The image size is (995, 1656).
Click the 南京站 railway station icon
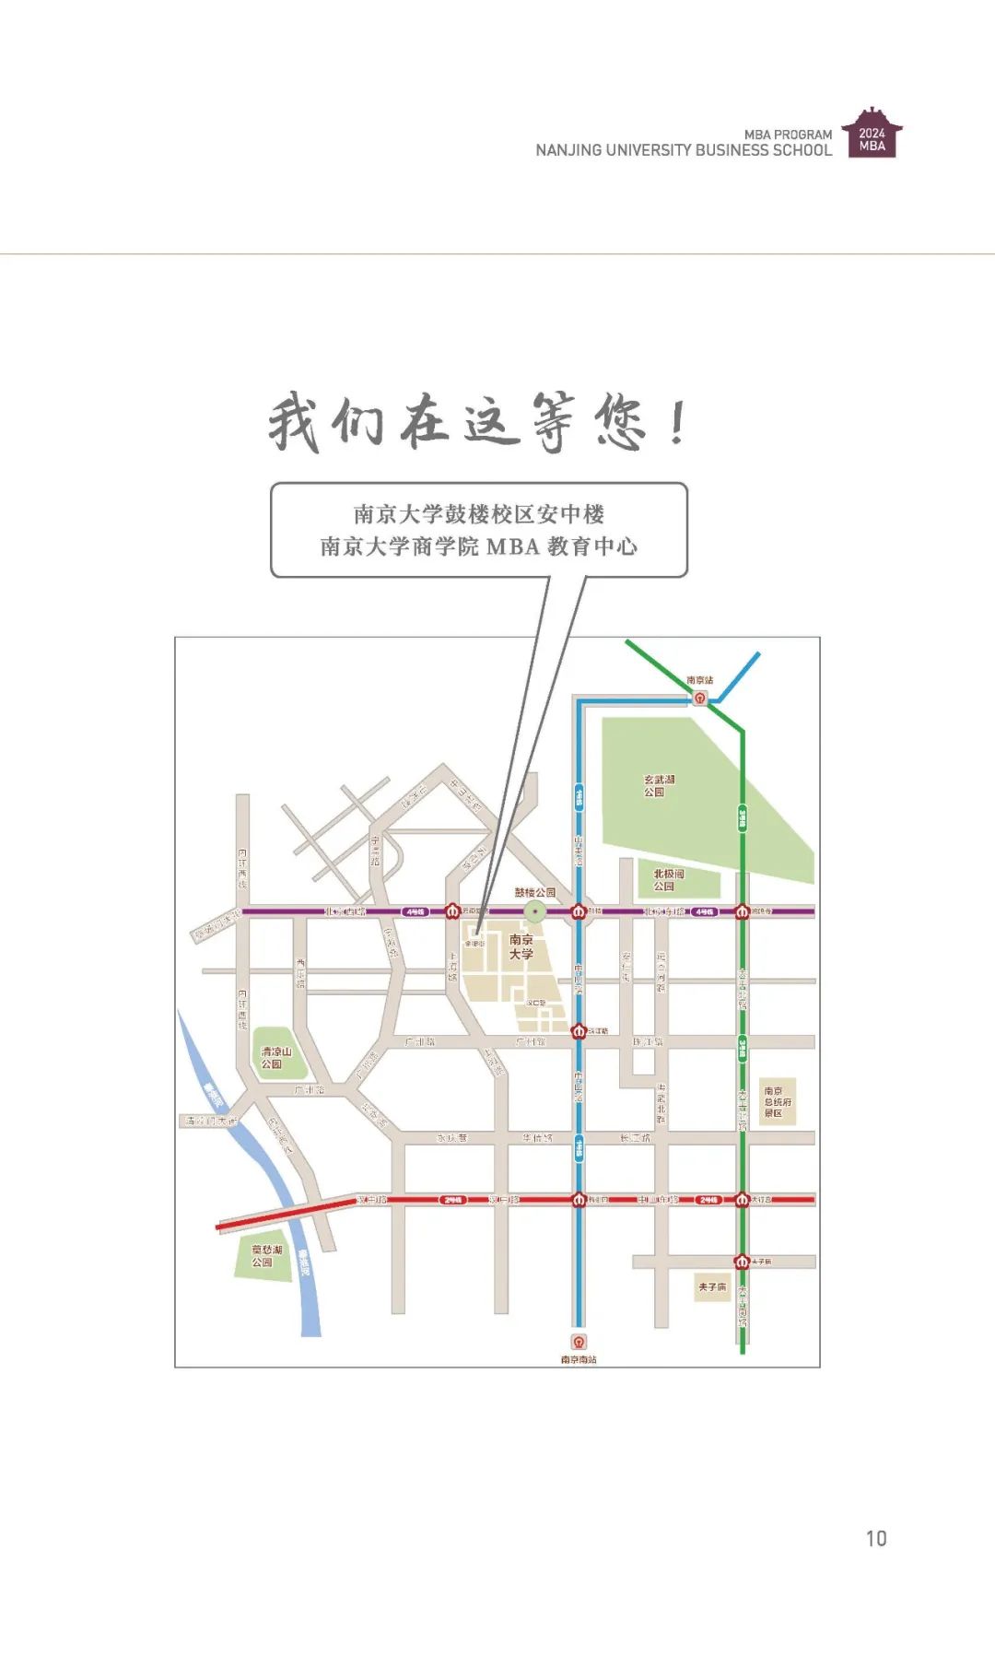pyautogui.click(x=701, y=698)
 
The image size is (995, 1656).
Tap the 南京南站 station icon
pyautogui.click(x=579, y=1342)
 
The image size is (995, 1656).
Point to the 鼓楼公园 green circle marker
pyautogui.click(x=535, y=911)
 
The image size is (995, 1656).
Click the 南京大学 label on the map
pyautogui.click(x=521, y=946)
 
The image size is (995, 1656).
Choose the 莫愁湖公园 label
pyautogui.click(x=266, y=1256)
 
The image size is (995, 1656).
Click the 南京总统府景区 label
pyautogui.click(x=777, y=1101)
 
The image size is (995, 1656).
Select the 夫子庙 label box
pyautogui.click(x=712, y=1286)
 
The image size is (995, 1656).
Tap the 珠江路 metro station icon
pyautogui.click(x=579, y=1030)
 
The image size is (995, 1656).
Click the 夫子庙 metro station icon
pyautogui.click(x=742, y=1261)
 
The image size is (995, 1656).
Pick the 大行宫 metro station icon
pyautogui.click(x=742, y=1200)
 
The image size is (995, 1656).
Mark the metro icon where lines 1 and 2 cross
pyautogui.click(x=579, y=1200)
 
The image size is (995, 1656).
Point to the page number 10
pyautogui.click(x=876, y=1538)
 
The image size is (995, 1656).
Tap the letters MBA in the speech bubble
pyautogui.click(x=512, y=546)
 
